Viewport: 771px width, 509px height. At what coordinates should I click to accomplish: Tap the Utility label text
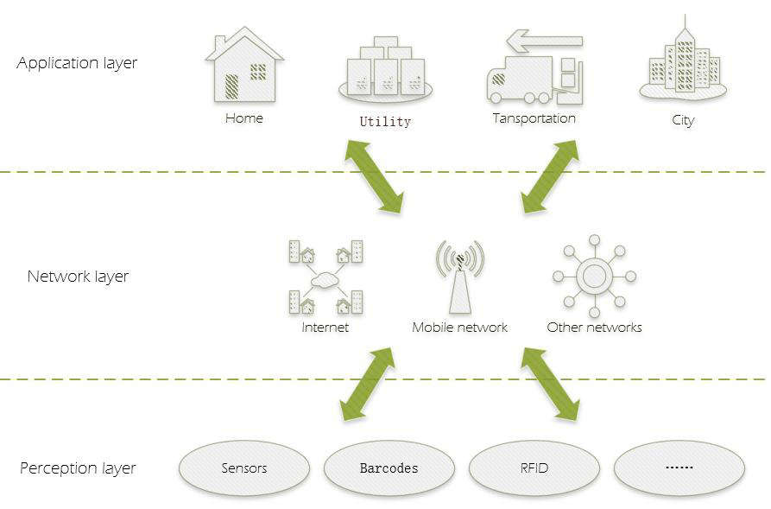(x=385, y=122)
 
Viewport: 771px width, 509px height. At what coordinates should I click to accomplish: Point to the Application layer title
(x=77, y=63)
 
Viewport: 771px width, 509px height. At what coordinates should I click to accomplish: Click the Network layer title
(x=78, y=277)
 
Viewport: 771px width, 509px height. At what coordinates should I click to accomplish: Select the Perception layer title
(x=78, y=468)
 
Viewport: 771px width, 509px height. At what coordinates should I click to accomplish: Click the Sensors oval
(x=244, y=468)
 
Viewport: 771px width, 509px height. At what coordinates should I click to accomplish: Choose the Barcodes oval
(x=389, y=468)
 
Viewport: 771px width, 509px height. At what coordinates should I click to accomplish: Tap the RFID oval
(x=534, y=468)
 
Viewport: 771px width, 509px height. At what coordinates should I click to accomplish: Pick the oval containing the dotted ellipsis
(x=679, y=468)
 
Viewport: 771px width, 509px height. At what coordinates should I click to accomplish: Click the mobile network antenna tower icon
(x=459, y=277)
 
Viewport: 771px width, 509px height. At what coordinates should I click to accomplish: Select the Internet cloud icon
(x=325, y=278)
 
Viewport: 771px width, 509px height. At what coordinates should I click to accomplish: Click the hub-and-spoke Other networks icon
(x=594, y=277)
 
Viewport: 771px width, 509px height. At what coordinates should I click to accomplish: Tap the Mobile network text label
(x=459, y=328)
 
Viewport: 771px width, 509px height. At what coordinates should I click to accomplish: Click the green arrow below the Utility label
(x=375, y=175)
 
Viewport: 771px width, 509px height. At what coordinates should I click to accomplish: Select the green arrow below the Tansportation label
(x=550, y=176)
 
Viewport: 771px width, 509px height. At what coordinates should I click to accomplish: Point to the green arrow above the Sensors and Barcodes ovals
(x=367, y=385)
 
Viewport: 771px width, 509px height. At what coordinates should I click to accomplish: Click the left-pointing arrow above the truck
(x=543, y=41)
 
